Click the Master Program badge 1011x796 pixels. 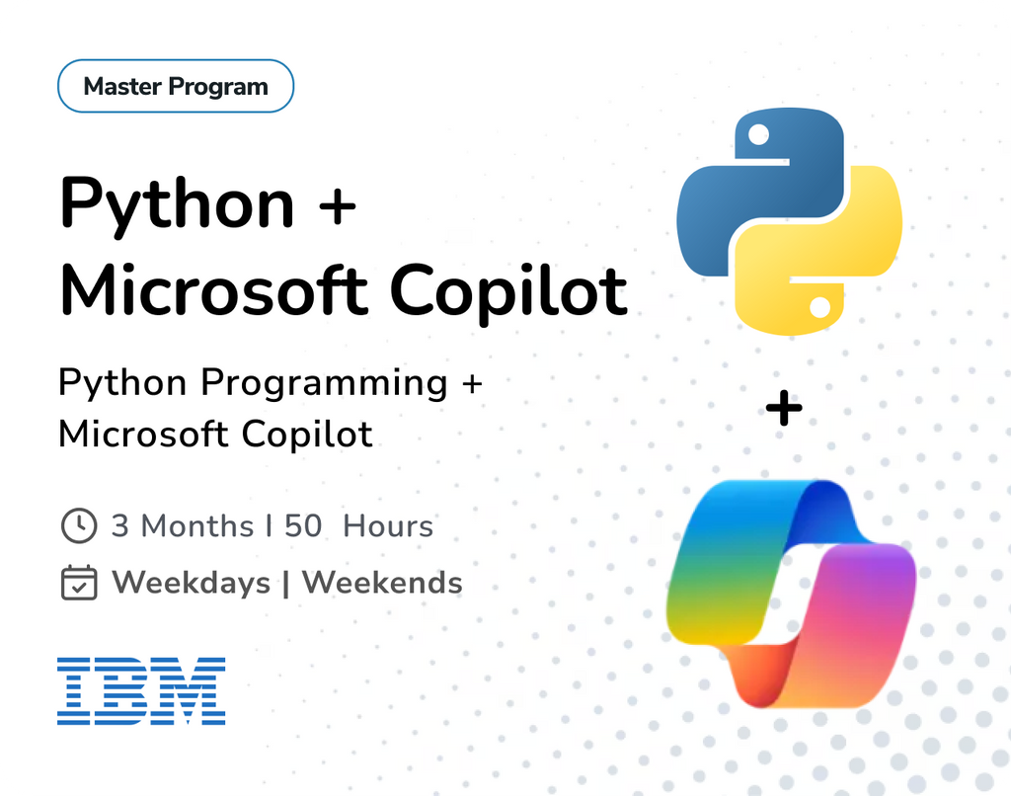point(176,87)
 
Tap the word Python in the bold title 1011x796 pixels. point(177,203)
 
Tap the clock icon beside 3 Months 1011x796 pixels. point(79,526)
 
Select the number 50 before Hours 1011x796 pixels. point(303,526)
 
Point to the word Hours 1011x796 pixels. point(388,526)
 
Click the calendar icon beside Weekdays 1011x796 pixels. point(79,583)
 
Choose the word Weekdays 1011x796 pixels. point(192,583)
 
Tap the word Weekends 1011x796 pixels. point(382,583)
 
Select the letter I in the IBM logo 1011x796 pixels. point(73,690)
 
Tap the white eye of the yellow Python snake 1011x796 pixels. point(818,309)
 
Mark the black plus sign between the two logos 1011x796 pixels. point(784,408)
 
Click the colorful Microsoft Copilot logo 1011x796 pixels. point(791,594)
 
